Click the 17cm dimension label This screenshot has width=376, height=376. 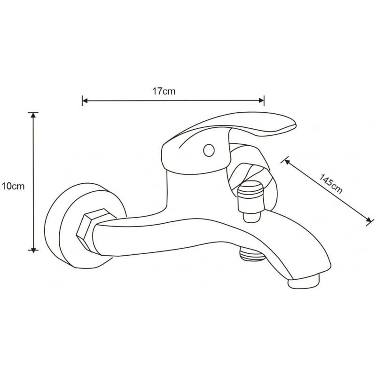coord(164,92)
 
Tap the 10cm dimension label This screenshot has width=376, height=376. coord(13,186)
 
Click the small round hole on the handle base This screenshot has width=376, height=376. coord(208,151)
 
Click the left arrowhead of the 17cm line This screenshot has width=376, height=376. coord(85,101)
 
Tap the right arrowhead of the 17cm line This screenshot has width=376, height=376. coord(262,101)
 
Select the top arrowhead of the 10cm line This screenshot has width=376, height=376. coord(33,116)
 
